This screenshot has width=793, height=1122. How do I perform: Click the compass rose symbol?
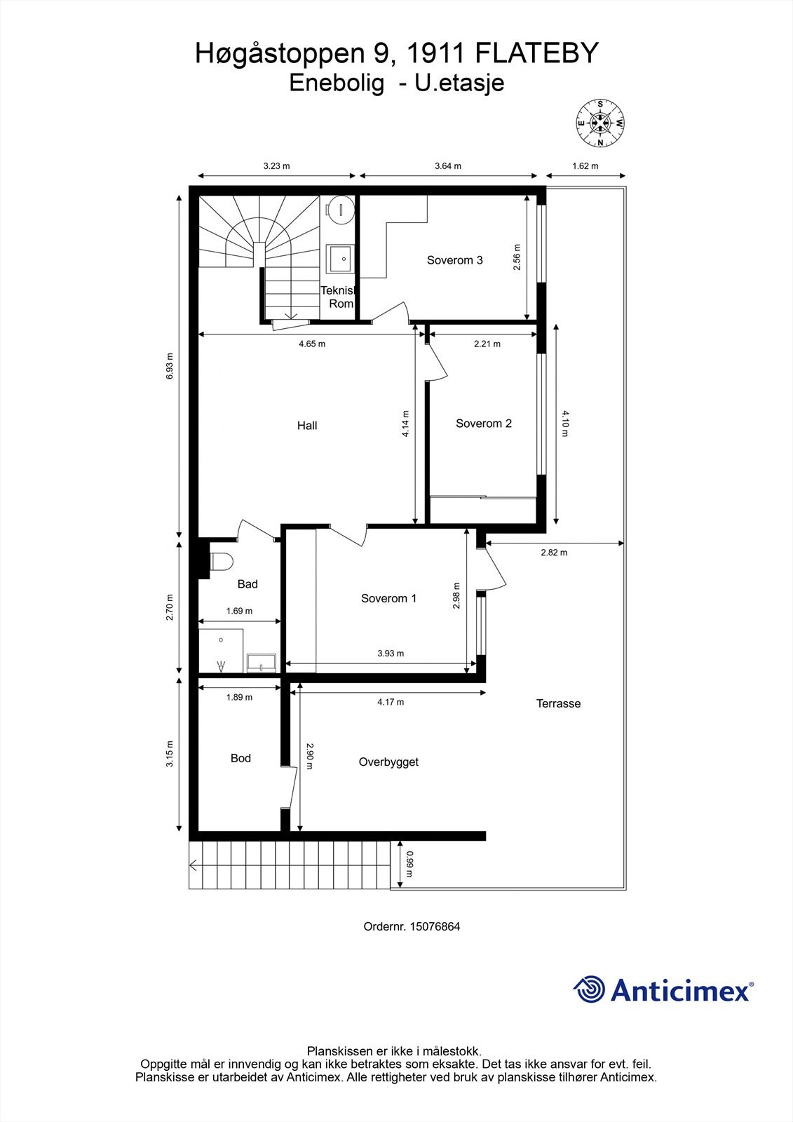(x=600, y=123)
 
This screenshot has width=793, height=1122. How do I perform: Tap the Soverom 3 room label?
(x=454, y=260)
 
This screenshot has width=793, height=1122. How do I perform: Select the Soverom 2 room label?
(x=483, y=424)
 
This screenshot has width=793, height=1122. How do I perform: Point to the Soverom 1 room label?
(x=388, y=598)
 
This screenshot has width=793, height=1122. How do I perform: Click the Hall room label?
(x=307, y=426)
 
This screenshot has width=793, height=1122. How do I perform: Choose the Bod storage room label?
(x=240, y=758)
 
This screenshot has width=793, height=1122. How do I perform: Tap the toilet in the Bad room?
(x=221, y=562)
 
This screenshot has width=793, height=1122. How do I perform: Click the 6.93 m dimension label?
(x=169, y=366)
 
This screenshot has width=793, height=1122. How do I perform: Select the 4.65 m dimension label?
(x=311, y=344)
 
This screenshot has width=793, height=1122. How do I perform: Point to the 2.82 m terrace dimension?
(x=554, y=553)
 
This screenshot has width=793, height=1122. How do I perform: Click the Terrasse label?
(x=558, y=703)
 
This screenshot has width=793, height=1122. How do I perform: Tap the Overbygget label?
(x=388, y=762)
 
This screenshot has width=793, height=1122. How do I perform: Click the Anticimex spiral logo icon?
(x=589, y=990)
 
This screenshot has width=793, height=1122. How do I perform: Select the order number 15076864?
(x=435, y=926)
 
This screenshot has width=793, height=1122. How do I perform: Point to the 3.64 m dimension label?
(x=447, y=166)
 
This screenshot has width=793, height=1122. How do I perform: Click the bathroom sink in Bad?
(x=262, y=661)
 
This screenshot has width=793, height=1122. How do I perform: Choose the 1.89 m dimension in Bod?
(x=239, y=697)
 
